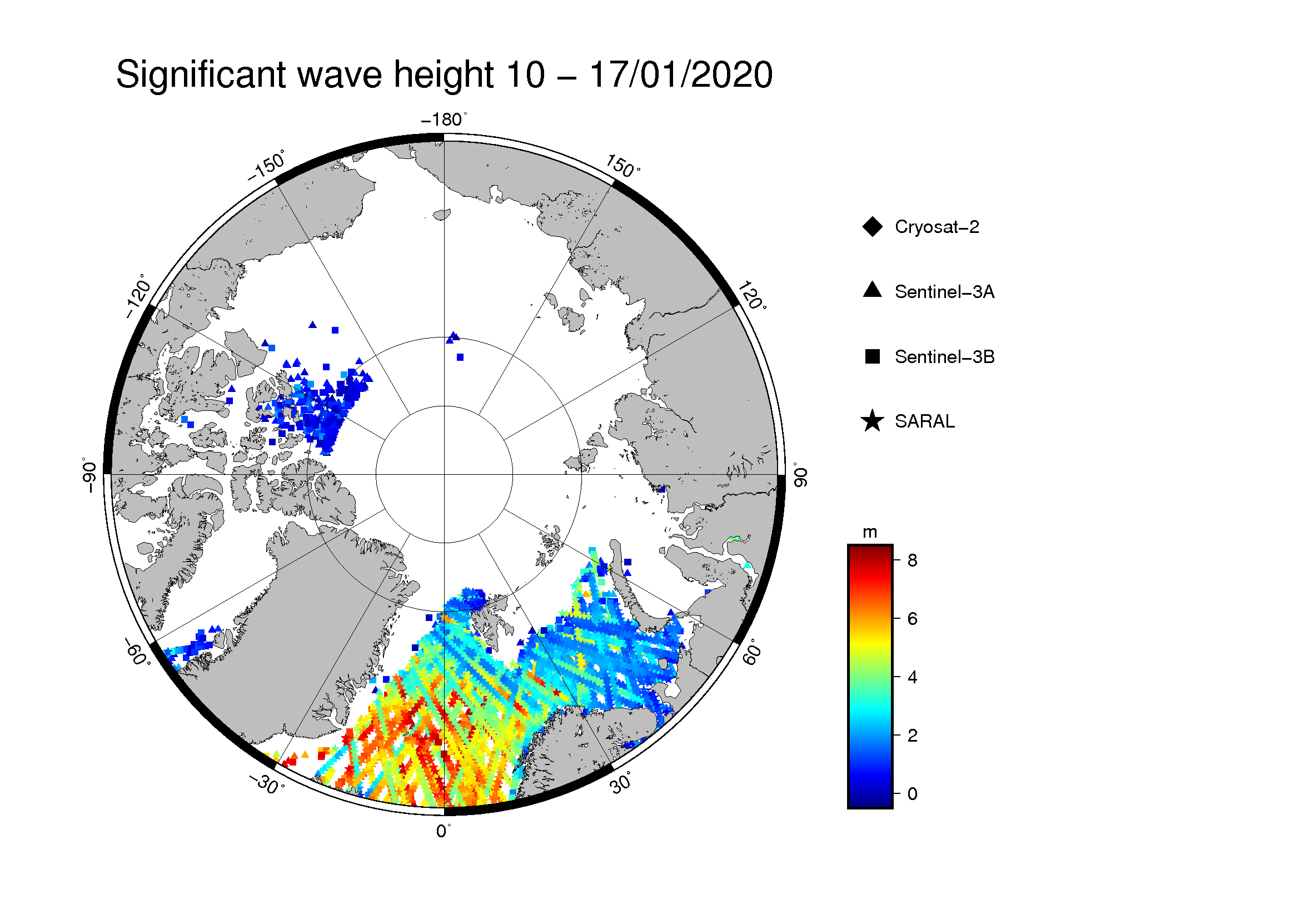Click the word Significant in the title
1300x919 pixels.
[201, 75]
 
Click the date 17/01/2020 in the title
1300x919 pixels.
[681, 74]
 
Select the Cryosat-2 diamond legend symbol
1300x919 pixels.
[873, 226]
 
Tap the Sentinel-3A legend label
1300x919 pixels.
[944, 292]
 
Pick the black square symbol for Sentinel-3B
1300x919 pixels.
[873, 357]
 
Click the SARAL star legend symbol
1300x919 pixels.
[873, 421]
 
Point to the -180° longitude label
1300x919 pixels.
[444, 120]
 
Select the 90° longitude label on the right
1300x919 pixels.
[799, 474]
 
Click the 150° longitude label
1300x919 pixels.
[623, 166]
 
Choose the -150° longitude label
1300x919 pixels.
[267, 166]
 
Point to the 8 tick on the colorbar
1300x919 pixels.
[912, 560]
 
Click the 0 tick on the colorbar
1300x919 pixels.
[912, 794]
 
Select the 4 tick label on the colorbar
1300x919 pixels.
[912, 677]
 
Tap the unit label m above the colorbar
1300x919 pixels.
[870, 533]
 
